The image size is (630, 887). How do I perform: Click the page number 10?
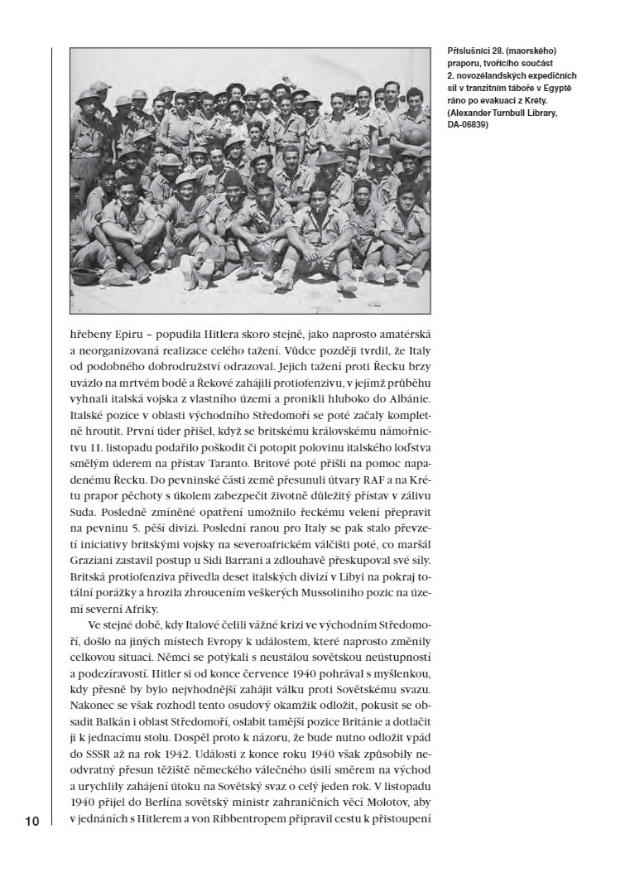[x=31, y=821]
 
